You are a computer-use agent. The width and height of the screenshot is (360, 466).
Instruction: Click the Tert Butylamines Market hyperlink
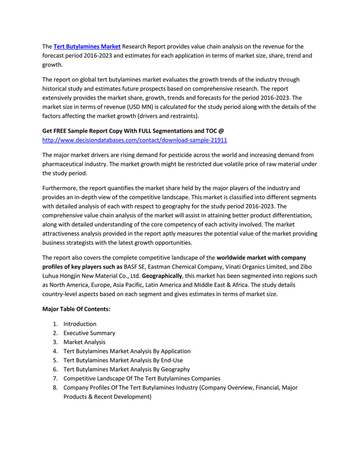tap(87, 47)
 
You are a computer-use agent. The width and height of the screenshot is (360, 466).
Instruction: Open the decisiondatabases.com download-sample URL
tap(135, 140)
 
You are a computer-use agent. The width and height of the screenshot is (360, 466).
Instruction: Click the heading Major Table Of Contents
tap(76, 309)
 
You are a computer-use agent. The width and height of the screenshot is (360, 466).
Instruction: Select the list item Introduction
tap(80, 324)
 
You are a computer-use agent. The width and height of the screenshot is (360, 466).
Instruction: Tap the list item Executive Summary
tap(89, 333)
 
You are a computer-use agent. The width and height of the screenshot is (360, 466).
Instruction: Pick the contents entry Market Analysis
tap(84, 342)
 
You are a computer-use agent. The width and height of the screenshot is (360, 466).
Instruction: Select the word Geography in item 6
tap(174, 369)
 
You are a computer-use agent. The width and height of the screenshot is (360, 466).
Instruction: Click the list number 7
tap(54, 378)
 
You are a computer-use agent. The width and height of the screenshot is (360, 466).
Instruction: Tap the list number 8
tap(54, 387)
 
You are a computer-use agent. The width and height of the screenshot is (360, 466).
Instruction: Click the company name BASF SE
tap(135, 266)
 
